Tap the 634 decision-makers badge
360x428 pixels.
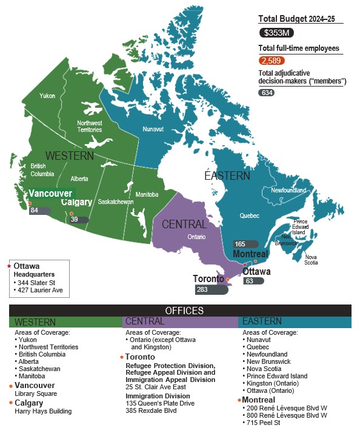pos(266,93)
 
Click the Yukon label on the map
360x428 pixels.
pos(47,96)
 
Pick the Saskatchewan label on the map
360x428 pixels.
pos(116,202)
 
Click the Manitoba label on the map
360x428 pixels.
pos(147,194)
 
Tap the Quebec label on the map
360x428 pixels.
pos(249,216)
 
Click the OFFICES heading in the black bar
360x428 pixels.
pos(180,311)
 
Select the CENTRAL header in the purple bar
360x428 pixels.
pos(144,321)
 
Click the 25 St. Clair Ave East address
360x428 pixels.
pos(156,386)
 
